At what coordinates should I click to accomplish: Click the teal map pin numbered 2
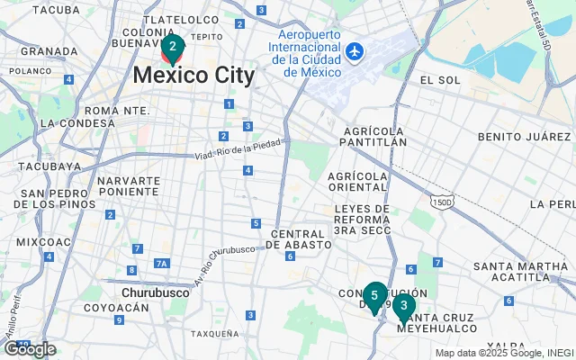pyautogui.click(x=173, y=47)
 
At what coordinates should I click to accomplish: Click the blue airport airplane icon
pyautogui.click(x=355, y=51)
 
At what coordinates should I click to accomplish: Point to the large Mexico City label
pyautogui.click(x=193, y=76)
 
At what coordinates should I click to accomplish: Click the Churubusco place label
pyautogui.click(x=155, y=292)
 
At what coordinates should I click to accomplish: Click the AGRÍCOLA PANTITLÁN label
pyautogui.click(x=374, y=136)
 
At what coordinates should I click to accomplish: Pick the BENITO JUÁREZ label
pyautogui.click(x=526, y=137)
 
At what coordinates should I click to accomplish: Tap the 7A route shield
pyautogui.click(x=162, y=264)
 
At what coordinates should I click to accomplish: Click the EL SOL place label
pyautogui.click(x=440, y=80)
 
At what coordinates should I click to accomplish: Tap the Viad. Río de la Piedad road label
pyautogui.click(x=238, y=149)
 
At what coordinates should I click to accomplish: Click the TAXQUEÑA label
pyautogui.click(x=215, y=333)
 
